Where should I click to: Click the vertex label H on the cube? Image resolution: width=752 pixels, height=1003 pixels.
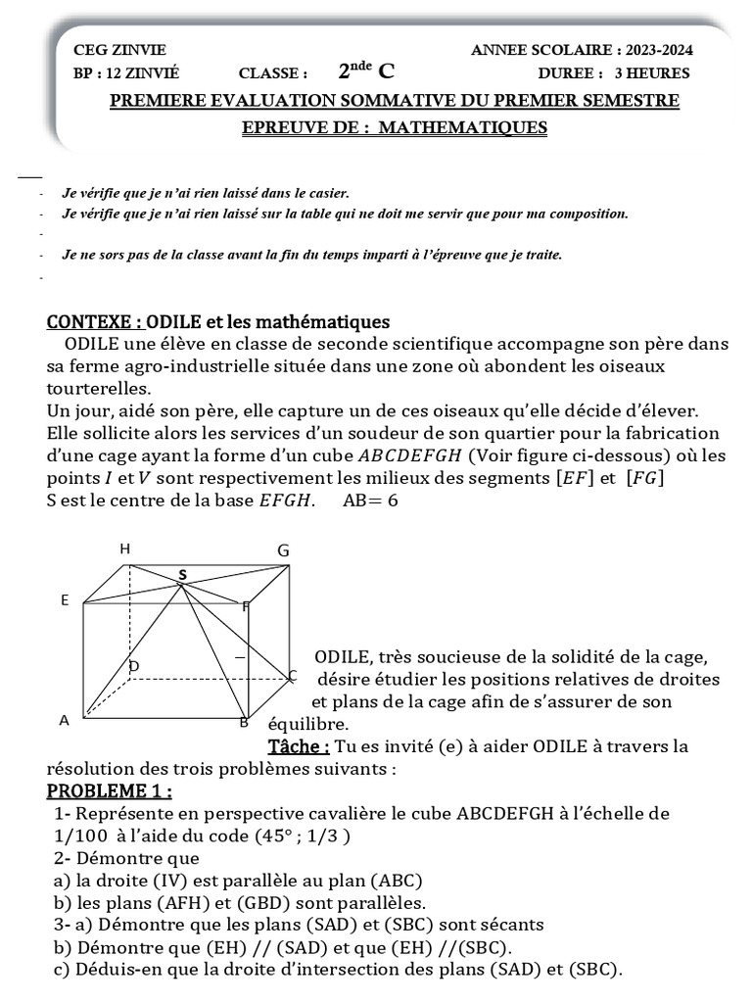click(124, 549)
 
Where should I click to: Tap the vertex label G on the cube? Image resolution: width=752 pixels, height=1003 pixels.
click(283, 551)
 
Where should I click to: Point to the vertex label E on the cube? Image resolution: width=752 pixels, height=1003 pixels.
click(65, 599)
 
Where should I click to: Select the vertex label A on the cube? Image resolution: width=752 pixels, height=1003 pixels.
click(65, 721)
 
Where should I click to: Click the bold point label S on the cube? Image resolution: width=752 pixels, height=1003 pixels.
click(181, 574)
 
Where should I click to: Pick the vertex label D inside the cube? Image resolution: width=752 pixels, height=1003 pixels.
click(134, 667)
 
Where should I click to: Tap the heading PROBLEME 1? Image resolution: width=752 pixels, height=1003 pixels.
click(109, 790)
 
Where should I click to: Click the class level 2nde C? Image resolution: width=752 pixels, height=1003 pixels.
click(367, 71)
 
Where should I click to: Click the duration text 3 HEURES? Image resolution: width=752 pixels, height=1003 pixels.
click(652, 72)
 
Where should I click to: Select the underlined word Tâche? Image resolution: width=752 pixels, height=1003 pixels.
click(299, 746)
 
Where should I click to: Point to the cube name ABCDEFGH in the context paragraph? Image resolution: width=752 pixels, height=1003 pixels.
click(412, 454)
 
